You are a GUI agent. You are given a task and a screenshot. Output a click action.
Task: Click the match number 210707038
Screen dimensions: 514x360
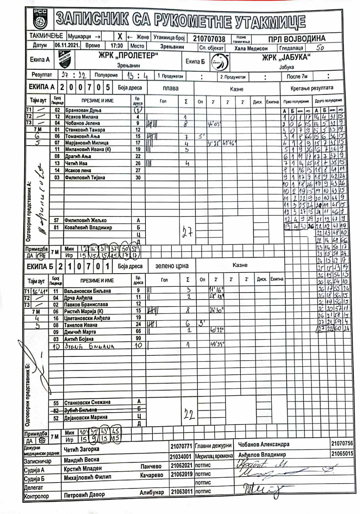pyautogui.click(x=209, y=39)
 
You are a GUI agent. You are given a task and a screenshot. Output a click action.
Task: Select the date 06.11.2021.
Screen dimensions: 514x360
pyautogui.click(x=67, y=45)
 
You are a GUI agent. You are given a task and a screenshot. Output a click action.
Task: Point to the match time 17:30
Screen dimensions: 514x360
pyautogui.click(x=117, y=46)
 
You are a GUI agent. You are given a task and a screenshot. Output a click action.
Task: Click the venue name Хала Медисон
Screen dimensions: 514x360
pyautogui.click(x=251, y=48)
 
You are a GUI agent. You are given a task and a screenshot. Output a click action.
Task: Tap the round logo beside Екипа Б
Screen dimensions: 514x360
pyautogui.click(x=220, y=62)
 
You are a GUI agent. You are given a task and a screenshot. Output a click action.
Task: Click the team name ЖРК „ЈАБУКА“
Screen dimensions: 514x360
pyautogui.click(x=286, y=58)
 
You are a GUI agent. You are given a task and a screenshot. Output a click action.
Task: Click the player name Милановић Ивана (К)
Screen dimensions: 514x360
pyautogui.click(x=88, y=149)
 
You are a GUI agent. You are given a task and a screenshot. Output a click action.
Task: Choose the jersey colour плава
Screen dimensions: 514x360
pyautogui.click(x=171, y=88)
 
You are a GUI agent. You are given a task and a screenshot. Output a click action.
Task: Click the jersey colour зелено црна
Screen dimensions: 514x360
pyautogui.click(x=172, y=266)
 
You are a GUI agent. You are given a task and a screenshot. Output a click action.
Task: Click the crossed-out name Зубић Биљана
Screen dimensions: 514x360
pyautogui.click(x=80, y=410)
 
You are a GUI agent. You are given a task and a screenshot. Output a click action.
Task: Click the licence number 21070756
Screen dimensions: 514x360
pyautogui.click(x=342, y=443)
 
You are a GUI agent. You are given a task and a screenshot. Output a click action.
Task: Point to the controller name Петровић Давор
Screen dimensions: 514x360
pyautogui.click(x=84, y=495)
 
